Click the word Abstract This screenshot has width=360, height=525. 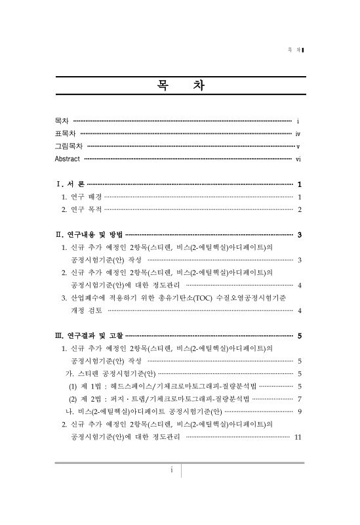(x=68, y=159)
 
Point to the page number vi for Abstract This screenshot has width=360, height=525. (x=298, y=159)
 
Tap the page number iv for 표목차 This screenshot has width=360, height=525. (x=298, y=134)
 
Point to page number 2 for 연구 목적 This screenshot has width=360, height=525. (x=299, y=209)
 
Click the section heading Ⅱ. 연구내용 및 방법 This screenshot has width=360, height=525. (x=89, y=234)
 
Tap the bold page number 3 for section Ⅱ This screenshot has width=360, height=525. (x=299, y=234)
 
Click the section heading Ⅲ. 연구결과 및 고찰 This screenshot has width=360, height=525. (x=89, y=336)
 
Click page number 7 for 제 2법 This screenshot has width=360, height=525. (x=299, y=398)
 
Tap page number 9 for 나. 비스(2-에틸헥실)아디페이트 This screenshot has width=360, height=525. (x=299, y=411)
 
